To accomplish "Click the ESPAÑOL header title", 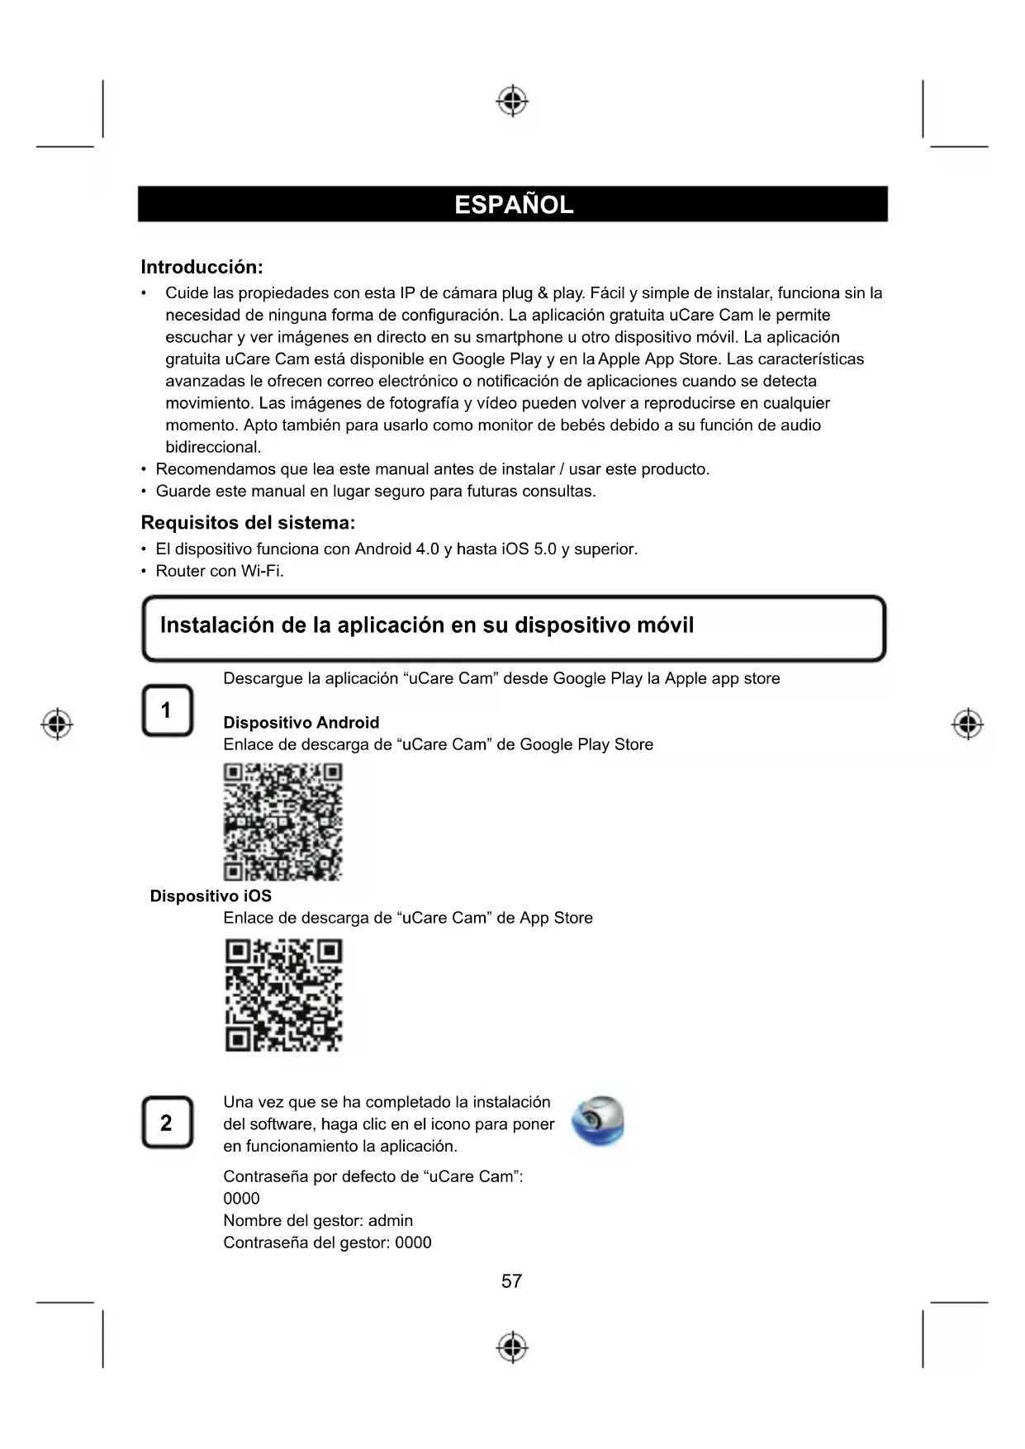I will [513, 205].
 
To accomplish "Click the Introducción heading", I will [202, 267].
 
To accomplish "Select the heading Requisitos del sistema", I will [248, 523].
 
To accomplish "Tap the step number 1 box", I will [167, 710].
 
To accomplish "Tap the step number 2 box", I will [167, 1123].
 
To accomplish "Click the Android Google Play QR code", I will [282, 821].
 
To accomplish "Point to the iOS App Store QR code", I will [283, 995].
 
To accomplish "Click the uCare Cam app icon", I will [598, 1122].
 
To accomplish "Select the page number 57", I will [512, 1281].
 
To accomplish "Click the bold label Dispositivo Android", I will [301, 723].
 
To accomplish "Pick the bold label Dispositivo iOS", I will [211, 896].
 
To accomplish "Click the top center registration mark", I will [512, 101].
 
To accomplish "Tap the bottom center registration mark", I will [512, 1347].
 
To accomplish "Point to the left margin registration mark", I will [56, 724].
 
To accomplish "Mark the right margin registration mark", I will [967, 724].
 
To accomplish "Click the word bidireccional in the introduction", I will [212, 448].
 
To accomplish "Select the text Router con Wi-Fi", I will [220, 572].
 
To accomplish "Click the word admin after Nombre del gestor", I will [390, 1221].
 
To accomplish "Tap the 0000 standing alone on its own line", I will [241, 1199].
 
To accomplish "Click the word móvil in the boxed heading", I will [666, 625].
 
